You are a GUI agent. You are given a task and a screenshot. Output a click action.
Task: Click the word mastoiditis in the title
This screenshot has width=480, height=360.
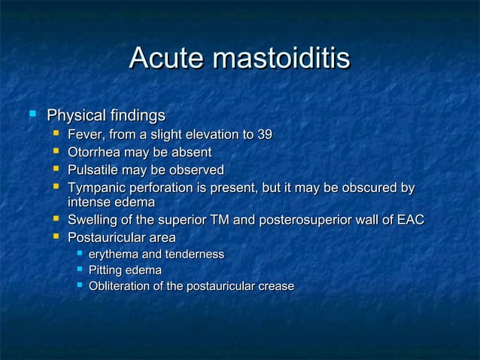click(x=282, y=58)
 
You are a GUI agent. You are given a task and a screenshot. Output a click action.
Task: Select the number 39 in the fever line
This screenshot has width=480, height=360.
click(x=264, y=135)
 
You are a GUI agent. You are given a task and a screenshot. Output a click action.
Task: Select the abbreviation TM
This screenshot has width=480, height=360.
click(x=244, y=221)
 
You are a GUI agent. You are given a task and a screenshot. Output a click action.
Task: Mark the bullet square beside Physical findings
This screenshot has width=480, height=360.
click(x=32, y=115)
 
